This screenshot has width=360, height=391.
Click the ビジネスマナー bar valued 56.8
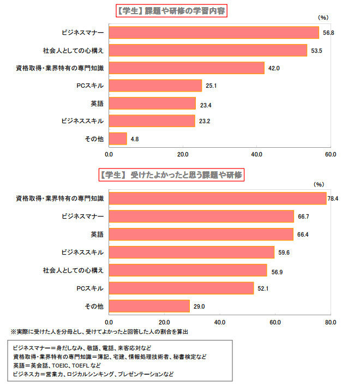[214, 33]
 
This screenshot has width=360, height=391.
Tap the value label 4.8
[135, 139]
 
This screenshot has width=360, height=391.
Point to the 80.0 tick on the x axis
[331, 322]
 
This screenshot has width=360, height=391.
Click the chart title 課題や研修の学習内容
[171, 11]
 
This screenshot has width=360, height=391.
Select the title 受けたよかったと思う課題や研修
[171, 175]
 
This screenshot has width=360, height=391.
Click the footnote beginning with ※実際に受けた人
[100, 332]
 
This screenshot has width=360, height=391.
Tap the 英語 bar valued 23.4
[152, 104]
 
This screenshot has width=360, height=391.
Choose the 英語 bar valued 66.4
[201, 234]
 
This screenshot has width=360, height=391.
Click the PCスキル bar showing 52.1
[181, 288]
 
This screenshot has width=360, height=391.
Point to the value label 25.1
[212, 86]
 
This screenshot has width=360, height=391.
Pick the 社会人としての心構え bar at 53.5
[208, 51]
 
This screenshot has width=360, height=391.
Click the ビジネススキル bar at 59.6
[191, 252]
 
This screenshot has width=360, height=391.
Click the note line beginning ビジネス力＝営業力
[93, 375]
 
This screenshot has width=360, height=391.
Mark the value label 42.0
[274, 68]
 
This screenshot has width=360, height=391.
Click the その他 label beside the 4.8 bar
[94, 139]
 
